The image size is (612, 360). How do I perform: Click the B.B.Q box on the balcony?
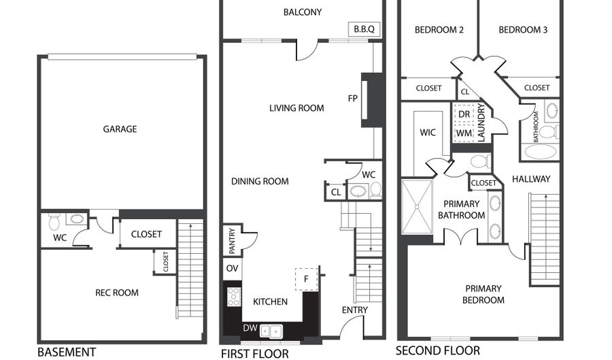[x=364, y=29]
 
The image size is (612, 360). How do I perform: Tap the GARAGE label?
[x=120, y=129]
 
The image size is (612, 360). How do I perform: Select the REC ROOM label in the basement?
[x=116, y=293]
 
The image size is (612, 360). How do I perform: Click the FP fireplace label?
[x=353, y=98]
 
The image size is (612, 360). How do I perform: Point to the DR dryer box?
[x=464, y=114]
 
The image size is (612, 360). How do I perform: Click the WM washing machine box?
[x=464, y=133]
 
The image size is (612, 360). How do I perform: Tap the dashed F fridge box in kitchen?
[x=307, y=278]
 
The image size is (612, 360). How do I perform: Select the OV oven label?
[x=232, y=268]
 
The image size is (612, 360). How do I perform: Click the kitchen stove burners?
[x=233, y=296]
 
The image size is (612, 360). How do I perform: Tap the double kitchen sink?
[x=274, y=331]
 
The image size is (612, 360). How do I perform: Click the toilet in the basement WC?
[x=54, y=220]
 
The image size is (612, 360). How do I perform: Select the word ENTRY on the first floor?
[x=354, y=310]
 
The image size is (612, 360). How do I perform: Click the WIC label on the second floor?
[x=428, y=132]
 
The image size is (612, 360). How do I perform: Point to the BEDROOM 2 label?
[x=439, y=30]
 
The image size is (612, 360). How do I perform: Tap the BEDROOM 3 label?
[x=523, y=30]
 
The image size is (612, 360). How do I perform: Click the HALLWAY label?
[x=530, y=179]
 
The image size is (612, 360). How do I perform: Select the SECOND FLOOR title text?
[x=438, y=351]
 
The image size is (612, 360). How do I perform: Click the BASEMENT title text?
[x=66, y=352]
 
